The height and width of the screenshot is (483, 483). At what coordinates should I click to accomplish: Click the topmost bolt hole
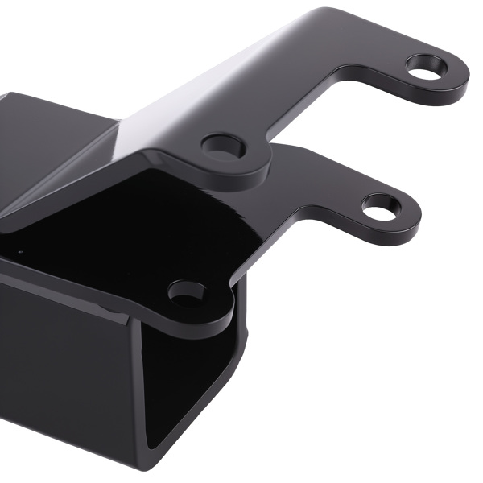[426, 68]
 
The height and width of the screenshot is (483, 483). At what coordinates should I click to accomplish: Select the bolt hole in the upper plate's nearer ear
[223, 146]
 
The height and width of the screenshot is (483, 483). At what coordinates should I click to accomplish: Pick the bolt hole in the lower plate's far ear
[380, 205]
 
